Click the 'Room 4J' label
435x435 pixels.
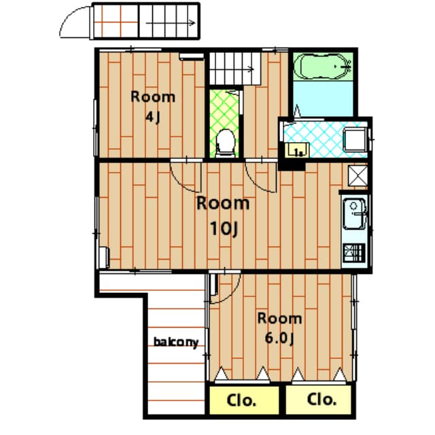tap(152, 105)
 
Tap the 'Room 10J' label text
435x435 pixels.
tap(223, 215)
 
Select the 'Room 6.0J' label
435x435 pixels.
tap(279, 328)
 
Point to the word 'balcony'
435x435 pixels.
tap(175, 342)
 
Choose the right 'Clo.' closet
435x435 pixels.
tap(319, 400)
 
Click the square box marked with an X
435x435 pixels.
tap(357, 175)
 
